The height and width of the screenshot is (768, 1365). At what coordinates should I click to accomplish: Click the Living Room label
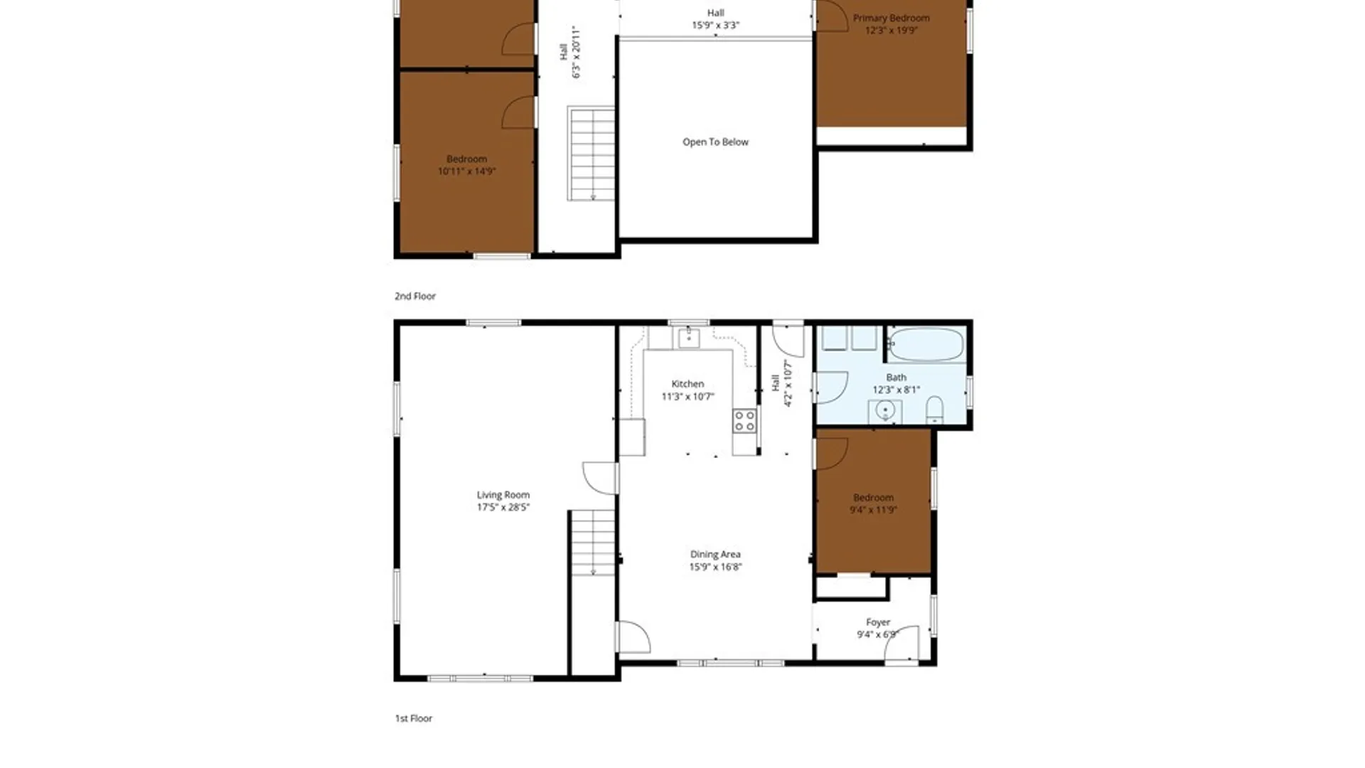[x=503, y=495]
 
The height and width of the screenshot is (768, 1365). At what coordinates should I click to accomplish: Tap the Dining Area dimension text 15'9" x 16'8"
[x=715, y=567]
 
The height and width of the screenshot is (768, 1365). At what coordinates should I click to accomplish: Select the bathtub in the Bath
[x=926, y=344]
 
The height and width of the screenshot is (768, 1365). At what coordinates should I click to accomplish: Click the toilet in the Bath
[x=935, y=410]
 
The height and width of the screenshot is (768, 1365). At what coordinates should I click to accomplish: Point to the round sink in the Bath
[x=885, y=410]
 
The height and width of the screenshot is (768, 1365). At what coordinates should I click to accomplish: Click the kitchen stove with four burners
[x=745, y=420]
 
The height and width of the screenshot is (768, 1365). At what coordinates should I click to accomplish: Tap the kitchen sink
[x=688, y=338]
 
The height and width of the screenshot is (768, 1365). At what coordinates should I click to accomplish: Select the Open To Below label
[x=715, y=142]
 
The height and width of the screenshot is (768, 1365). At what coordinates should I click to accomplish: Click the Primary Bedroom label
[x=892, y=18]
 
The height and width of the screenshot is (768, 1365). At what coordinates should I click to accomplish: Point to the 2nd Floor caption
[x=415, y=296]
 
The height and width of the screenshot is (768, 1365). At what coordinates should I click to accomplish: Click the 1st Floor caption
[x=414, y=718]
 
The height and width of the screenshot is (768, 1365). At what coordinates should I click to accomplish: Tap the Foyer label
[x=878, y=622]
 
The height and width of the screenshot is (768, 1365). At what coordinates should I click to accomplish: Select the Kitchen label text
[x=687, y=384]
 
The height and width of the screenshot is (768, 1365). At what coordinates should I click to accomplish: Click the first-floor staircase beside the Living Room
[x=593, y=542]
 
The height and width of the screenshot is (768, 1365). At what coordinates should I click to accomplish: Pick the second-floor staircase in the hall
[x=591, y=154]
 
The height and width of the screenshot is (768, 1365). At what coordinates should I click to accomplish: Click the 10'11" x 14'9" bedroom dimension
[x=466, y=171]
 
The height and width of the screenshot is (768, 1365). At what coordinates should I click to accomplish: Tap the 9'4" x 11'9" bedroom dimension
[x=873, y=510]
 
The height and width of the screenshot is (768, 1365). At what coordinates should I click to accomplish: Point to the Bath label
[x=896, y=378]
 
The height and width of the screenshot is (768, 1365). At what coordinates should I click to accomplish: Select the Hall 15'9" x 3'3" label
[x=716, y=19]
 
